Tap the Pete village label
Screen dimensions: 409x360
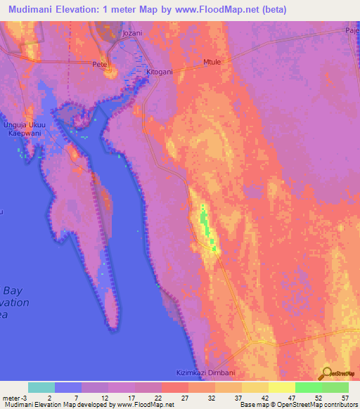pyautogui.click(x=98, y=64)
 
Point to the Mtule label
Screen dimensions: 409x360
pyautogui.click(x=212, y=62)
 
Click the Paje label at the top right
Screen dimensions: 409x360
pyautogui.click(x=352, y=31)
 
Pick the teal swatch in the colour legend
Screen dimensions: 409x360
pyautogui.click(x=41, y=387)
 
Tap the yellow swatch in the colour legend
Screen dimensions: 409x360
pyautogui.click(x=282, y=387)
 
